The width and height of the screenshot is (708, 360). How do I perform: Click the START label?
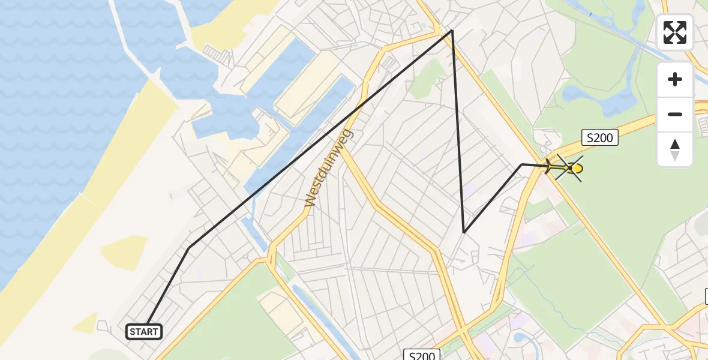(144, 331)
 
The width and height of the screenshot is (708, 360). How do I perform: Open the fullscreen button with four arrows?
(675, 32)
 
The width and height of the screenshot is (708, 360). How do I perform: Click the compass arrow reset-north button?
(675, 149)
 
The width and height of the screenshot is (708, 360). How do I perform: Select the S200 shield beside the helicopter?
(599, 138)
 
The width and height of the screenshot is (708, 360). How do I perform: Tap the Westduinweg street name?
(329, 168)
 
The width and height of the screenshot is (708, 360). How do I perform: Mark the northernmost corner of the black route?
(452, 30)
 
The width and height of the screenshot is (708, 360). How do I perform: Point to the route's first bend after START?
(189, 248)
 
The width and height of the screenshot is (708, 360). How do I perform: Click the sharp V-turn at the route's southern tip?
(464, 232)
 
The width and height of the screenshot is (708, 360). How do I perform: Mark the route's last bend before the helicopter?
(521, 164)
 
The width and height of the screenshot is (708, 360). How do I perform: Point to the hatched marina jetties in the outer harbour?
(218, 55)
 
